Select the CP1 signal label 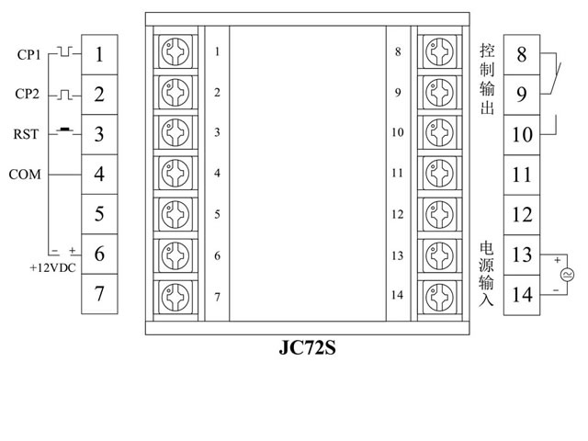pos(29,54)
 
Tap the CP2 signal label pos(29,95)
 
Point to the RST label pos(26,134)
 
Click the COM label pos(26,174)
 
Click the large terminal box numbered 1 pos(98,54)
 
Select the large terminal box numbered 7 pos(98,294)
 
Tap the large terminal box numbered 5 pos(98,214)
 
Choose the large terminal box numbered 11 pos(522,175)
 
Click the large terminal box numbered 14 pos(522,294)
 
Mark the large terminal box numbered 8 pos(522,54)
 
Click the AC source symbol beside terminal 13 pos(567,274)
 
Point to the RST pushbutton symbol pos(64,130)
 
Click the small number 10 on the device pos(397,132)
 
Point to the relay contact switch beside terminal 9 pos(553,74)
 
